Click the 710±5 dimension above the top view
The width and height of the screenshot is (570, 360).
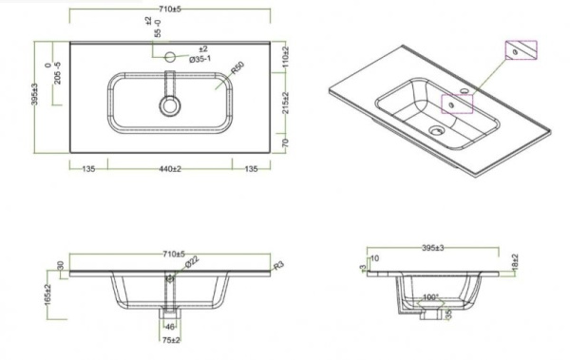pos(172,9)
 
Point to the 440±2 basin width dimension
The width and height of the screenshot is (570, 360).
pos(170,170)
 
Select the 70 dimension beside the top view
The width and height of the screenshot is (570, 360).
pos(286,142)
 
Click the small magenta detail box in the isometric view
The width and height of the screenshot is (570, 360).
pos(522,50)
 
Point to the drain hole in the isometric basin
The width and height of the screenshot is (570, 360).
pos(436,131)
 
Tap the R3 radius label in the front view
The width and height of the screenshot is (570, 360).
pos(278,267)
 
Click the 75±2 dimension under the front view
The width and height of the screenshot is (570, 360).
pos(171,340)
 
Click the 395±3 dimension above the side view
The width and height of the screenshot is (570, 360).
pos(430,247)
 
